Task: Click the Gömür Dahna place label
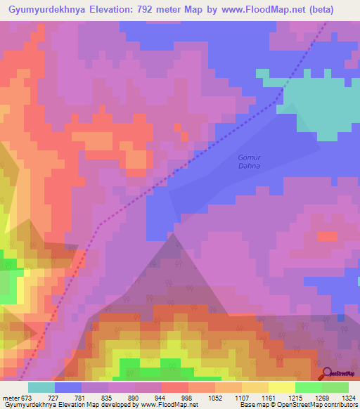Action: tap(248, 162)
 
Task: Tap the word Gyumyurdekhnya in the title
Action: tap(46, 10)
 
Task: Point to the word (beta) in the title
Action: tap(334, 10)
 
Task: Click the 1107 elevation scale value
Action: tap(243, 398)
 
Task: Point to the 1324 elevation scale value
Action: tap(348, 398)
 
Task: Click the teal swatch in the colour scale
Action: tap(41, 387)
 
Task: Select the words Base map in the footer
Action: tap(252, 405)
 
